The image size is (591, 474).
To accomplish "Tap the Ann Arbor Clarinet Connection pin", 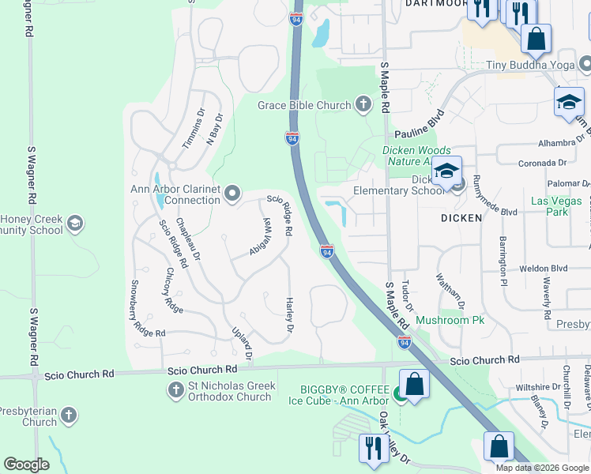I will [x=232, y=193].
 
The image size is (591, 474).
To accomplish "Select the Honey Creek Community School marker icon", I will [x=75, y=224].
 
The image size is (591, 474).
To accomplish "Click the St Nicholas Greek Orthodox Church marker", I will [x=175, y=389].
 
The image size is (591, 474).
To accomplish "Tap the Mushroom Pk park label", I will [x=450, y=321].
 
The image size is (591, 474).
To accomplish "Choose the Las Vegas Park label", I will [x=549, y=206].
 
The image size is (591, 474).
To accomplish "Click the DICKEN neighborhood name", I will [x=461, y=217].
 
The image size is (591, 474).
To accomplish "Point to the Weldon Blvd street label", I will [x=544, y=269].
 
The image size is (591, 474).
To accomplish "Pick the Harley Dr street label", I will [x=289, y=314].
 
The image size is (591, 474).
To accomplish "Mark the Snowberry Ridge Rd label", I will [x=148, y=308].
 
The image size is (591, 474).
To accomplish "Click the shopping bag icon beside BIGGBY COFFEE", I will [x=414, y=386].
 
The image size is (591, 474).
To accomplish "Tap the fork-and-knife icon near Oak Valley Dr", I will [x=370, y=448].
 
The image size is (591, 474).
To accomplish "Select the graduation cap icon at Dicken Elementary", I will [x=446, y=171].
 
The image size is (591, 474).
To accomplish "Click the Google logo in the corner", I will [x=27, y=465].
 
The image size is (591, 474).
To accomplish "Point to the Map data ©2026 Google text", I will [x=542, y=468].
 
